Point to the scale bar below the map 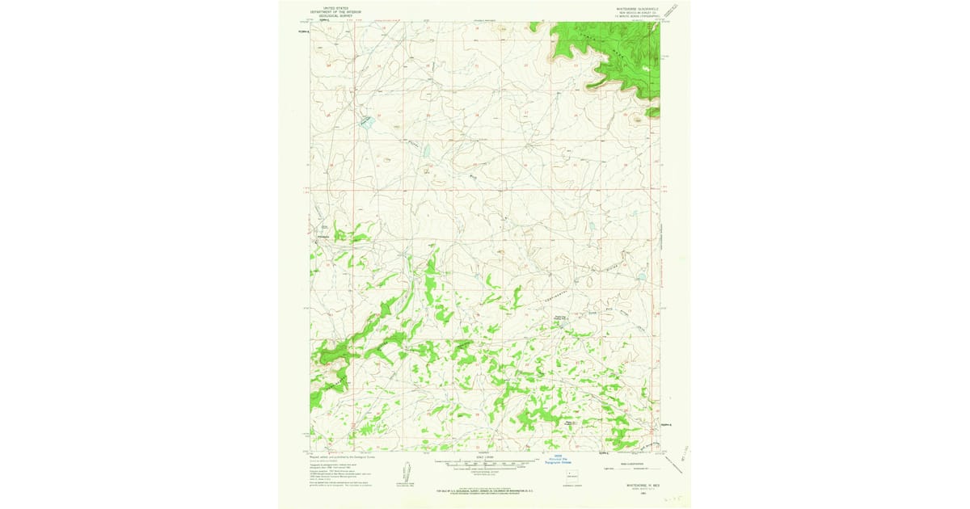(485, 465)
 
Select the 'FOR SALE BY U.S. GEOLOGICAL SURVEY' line (485, 490)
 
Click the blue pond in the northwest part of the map (365, 121)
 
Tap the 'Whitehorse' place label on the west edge (322, 236)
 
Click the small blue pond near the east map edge (642, 277)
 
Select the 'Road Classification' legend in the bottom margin (630, 465)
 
